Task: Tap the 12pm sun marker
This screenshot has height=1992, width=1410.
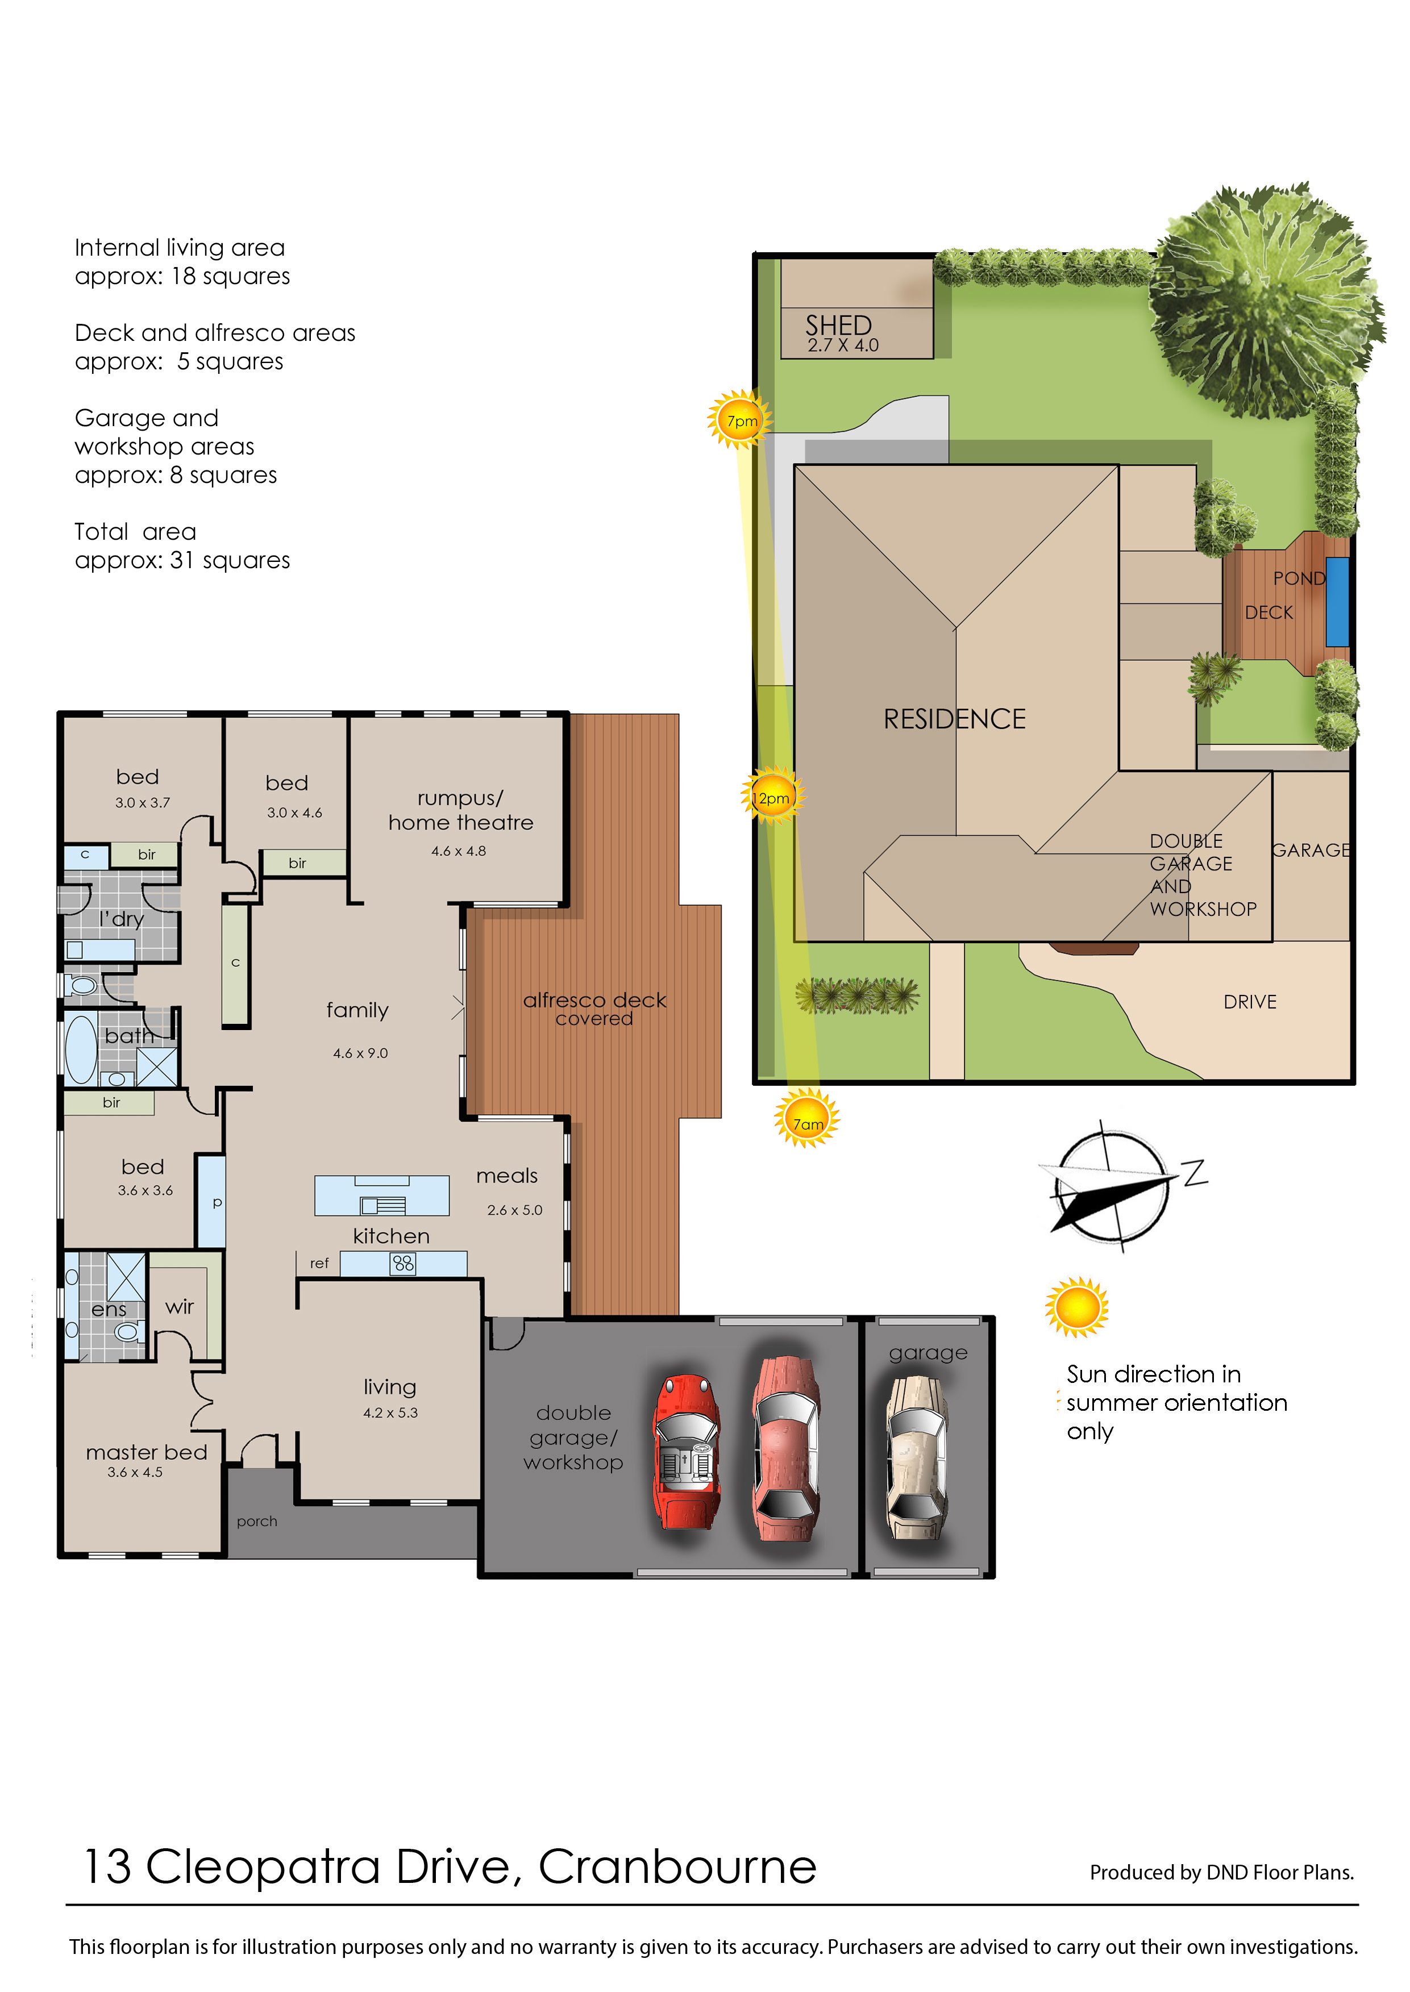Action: click(x=772, y=797)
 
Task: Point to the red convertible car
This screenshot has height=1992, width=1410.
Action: click(x=686, y=1451)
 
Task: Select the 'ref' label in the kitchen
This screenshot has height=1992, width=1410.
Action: click(x=319, y=1263)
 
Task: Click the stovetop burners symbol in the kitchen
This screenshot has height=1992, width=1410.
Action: click(x=404, y=1264)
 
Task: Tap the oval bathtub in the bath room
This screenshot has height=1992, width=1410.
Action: click(x=82, y=1050)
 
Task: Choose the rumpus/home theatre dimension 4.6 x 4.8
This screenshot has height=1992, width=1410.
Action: click(x=459, y=851)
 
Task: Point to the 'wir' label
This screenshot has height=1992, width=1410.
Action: click(x=180, y=1306)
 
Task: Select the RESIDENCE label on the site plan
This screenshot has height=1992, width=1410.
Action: click(x=954, y=719)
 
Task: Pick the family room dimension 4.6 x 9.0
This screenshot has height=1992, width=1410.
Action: click(x=360, y=1053)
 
